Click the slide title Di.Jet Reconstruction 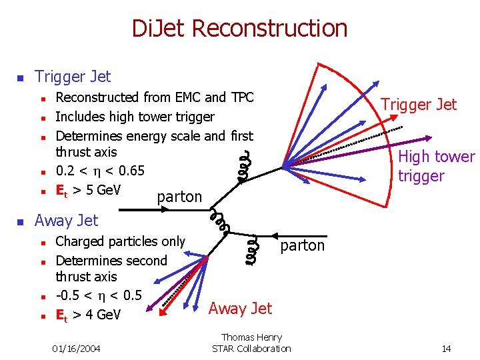(x=240, y=29)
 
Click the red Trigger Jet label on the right (x=418, y=104)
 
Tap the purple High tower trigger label (x=436, y=166)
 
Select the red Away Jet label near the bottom (x=240, y=308)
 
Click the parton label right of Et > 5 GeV (x=179, y=197)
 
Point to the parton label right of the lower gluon (x=302, y=245)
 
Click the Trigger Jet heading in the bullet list (x=73, y=77)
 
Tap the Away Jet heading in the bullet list (x=66, y=220)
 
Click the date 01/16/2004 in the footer (x=77, y=349)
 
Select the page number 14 (x=446, y=349)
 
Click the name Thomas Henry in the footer (x=251, y=338)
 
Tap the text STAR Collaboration (x=251, y=349)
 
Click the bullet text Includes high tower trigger (x=135, y=117)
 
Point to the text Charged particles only (x=120, y=241)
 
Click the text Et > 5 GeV (x=88, y=190)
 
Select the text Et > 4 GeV (x=88, y=314)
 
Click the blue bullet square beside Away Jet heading (x=20, y=221)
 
